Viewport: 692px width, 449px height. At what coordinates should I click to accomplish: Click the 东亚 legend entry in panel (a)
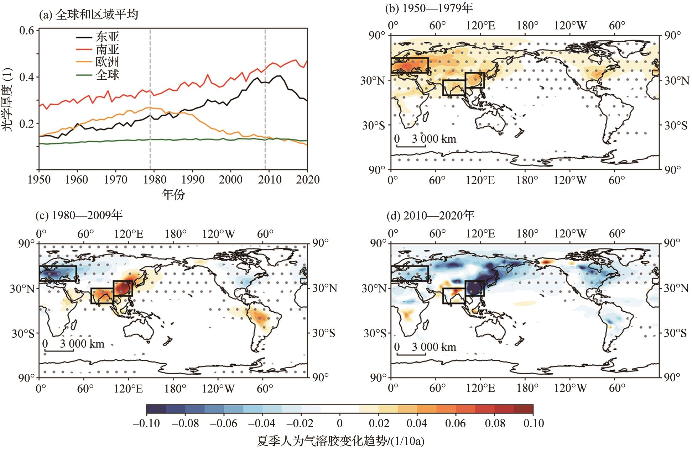(x=107, y=37)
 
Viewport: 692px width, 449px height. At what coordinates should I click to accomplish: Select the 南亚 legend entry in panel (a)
(x=107, y=49)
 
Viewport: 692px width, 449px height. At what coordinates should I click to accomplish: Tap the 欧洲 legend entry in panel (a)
(x=107, y=62)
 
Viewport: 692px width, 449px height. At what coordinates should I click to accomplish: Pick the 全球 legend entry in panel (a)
(x=107, y=74)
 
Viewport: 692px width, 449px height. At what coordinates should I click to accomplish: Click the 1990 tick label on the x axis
(x=193, y=179)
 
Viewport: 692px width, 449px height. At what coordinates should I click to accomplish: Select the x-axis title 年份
(x=173, y=194)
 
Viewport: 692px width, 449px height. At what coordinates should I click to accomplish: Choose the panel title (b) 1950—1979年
(x=429, y=8)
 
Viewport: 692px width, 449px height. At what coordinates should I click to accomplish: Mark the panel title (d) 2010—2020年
(x=431, y=215)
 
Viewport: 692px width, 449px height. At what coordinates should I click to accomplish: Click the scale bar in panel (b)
(x=411, y=146)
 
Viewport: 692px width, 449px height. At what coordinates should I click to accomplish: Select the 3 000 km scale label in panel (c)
(x=82, y=344)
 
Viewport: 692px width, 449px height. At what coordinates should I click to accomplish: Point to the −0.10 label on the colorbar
(x=146, y=423)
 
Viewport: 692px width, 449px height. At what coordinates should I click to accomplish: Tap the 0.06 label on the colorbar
(x=455, y=423)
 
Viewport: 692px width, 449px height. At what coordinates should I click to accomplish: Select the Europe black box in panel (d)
(x=410, y=274)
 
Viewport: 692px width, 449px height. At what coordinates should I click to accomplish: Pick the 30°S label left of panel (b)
(x=374, y=126)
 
